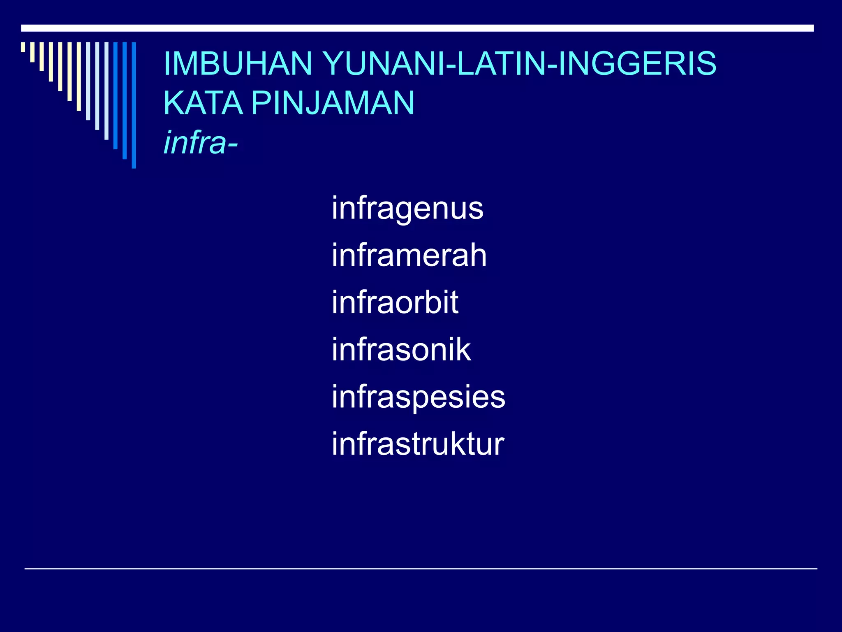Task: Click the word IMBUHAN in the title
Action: coord(238,63)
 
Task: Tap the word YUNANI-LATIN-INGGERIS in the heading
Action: coord(519,63)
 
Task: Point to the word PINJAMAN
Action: coord(333,103)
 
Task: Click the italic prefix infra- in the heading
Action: coord(201,143)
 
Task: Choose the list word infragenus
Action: coord(407,209)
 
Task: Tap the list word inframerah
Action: coord(409,255)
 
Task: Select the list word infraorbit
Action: coord(395,302)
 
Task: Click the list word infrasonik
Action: coord(401,350)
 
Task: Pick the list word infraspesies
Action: coord(419,397)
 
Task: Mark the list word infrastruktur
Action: coord(418,444)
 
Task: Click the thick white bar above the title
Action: coord(417,28)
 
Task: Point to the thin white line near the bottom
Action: coord(421,569)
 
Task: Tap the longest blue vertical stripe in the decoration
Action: coord(134,105)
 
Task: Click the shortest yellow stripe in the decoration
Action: coord(23,47)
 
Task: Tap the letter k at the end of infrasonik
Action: coord(464,350)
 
